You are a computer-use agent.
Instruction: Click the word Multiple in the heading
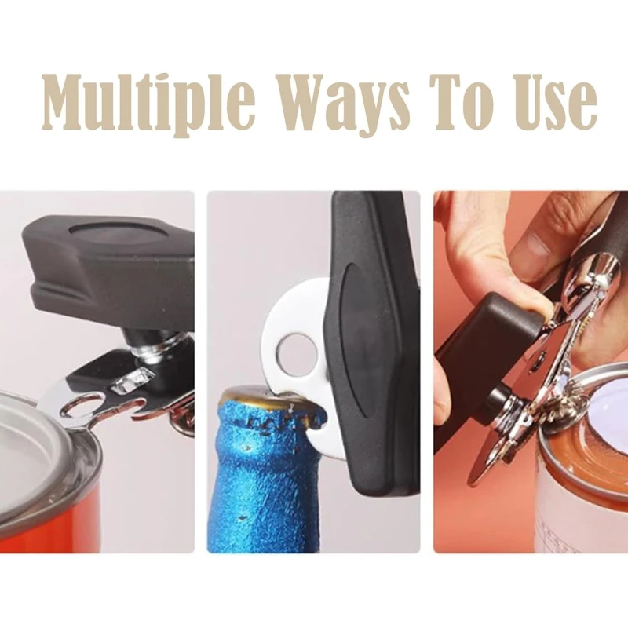pyautogui.click(x=148, y=103)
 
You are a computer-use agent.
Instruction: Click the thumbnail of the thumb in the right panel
pyautogui.click(x=529, y=243)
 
